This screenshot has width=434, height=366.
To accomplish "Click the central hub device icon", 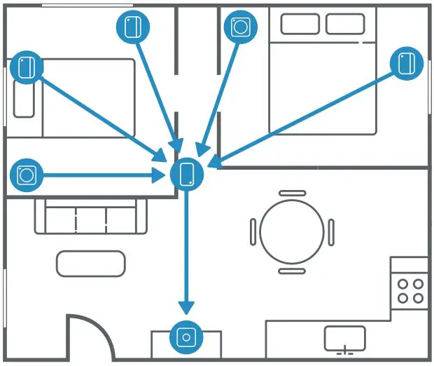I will [187, 174].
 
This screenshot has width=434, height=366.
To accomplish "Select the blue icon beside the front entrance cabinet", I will [186, 338].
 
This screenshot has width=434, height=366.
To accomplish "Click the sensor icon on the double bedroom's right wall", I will [407, 63].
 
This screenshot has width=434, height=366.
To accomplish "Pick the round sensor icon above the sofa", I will [27, 174].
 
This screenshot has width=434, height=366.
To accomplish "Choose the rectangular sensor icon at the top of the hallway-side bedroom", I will [132, 27].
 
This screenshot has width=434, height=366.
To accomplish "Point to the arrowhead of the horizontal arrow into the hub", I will [160, 174].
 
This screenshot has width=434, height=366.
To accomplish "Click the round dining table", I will [291, 231].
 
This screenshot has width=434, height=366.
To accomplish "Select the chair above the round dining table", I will [291, 193].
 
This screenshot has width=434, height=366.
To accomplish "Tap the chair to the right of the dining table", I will [331, 231].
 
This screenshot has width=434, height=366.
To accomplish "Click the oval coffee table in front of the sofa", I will [91, 264].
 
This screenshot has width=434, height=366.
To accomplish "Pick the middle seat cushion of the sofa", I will [91, 219].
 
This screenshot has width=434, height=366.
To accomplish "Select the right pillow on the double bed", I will [345, 25].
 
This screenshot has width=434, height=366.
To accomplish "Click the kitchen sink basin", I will [344, 337].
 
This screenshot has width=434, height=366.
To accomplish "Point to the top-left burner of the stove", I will [403, 284].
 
